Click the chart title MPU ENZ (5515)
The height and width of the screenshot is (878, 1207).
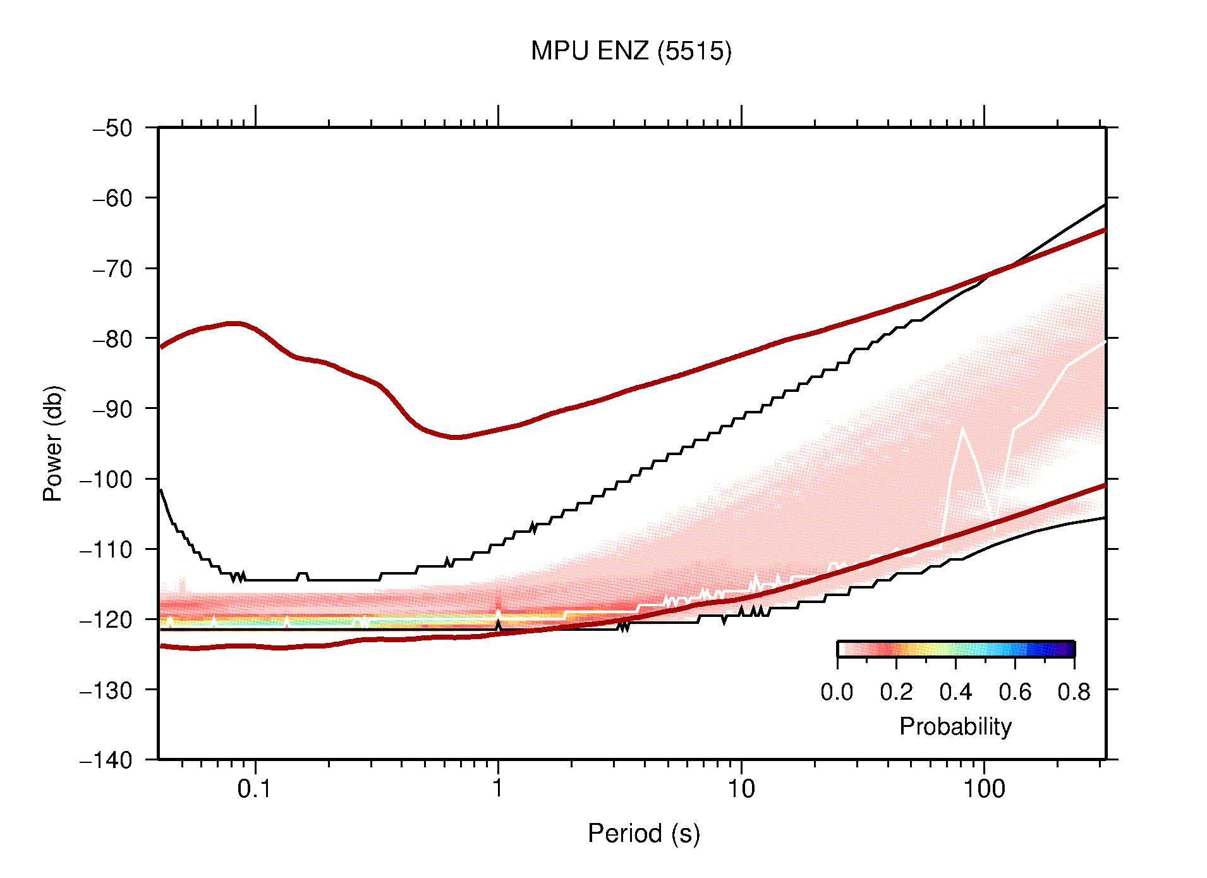(631, 51)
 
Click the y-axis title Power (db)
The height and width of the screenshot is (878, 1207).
(53, 443)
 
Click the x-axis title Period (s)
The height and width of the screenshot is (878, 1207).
(643, 833)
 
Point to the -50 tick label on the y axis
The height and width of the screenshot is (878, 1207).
(112, 128)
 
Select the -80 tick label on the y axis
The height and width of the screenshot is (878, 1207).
(112, 339)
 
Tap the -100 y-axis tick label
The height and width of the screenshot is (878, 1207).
(106, 479)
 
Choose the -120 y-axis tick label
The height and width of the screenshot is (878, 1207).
(106, 619)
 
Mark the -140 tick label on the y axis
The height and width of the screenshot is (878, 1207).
(106, 760)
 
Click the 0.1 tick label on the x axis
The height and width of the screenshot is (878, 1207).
(255, 789)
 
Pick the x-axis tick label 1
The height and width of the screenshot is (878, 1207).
(498, 789)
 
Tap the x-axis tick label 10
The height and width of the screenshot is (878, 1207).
(741, 789)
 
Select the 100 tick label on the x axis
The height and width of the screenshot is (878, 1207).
(983, 789)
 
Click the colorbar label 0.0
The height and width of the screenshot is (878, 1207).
(837, 692)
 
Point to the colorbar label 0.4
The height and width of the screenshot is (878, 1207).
(955, 692)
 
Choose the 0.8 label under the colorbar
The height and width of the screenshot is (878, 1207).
(1074, 692)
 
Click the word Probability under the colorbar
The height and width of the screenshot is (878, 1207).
(955, 726)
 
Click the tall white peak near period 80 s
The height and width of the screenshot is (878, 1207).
(962, 430)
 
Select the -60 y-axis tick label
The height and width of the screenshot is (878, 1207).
(112, 198)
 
